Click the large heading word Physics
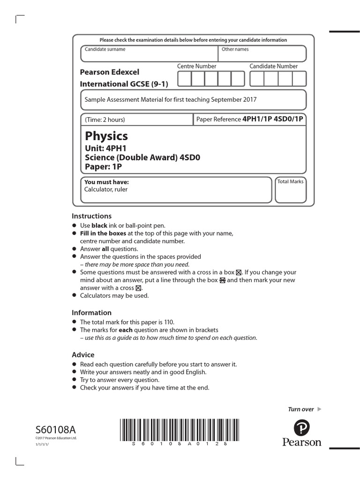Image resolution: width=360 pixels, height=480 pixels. (106, 136)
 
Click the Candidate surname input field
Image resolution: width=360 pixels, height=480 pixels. (149, 54)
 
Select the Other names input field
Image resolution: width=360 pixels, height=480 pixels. (262, 54)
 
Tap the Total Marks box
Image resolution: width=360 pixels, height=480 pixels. (290, 190)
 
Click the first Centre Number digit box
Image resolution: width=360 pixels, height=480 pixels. (184, 79)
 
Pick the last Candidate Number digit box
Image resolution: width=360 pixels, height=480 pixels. (299, 79)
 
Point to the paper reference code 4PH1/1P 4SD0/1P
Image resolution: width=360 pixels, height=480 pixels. (272, 119)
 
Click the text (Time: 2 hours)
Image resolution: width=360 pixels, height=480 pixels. (105, 120)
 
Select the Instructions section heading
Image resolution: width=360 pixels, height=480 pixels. (91, 216)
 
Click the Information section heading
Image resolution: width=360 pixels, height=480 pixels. (91, 313)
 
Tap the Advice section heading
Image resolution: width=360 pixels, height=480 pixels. (83, 355)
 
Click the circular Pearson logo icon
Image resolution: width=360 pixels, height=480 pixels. (302, 427)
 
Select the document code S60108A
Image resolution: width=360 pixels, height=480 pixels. (55, 430)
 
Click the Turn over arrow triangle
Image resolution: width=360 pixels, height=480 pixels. (320, 409)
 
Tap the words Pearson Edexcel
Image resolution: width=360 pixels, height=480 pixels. (110, 72)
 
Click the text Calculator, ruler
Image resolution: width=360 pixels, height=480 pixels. (105, 189)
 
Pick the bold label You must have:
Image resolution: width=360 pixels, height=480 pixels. (106, 182)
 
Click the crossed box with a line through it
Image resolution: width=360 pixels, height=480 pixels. (223, 280)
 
